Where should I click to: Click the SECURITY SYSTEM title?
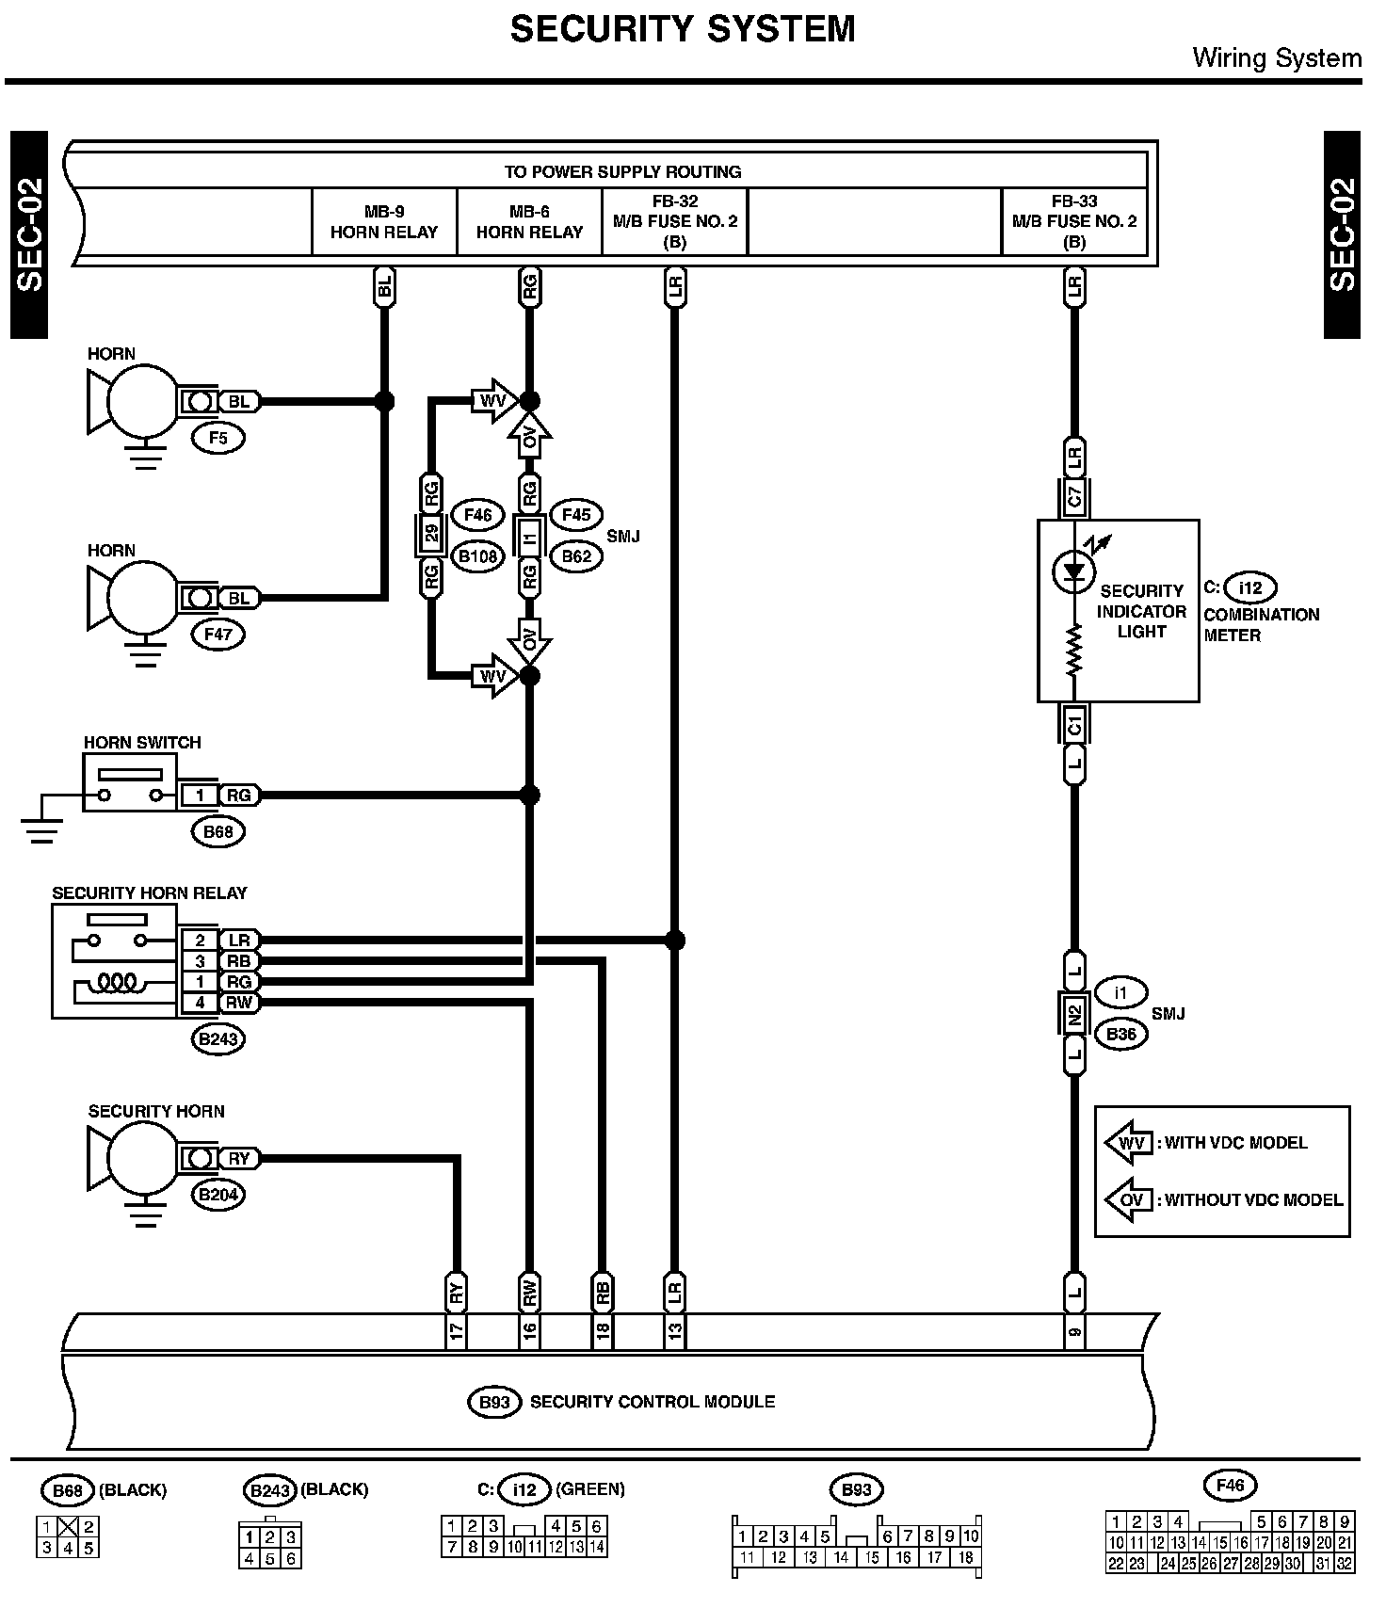[x=683, y=29]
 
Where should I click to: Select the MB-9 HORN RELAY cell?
[x=384, y=222]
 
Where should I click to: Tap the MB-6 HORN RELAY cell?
[x=529, y=222]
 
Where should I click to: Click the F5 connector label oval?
[x=218, y=438]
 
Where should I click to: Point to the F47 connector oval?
[x=218, y=635]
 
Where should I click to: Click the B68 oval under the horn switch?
[x=218, y=832]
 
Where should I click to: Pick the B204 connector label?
[x=218, y=1196]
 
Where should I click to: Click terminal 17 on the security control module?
[x=457, y=1331]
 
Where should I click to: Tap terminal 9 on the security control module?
[x=1074, y=1331]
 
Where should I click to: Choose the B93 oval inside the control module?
[x=494, y=1403]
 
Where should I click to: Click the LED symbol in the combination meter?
[x=1074, y=571]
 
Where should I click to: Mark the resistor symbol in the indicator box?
[x=1074, y=651]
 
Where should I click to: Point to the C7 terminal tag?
[x=1074, y=496]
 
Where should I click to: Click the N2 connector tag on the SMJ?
[x=1074, y=1015]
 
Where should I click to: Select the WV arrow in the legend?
[x=1129, y=1143]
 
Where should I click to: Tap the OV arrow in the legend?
[x=1129, y=1200]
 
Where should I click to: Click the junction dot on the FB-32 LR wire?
[x=674, y=940]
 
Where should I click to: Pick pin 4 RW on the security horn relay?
[x=200, y=1003]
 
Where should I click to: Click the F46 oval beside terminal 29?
[x=478, y=515]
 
